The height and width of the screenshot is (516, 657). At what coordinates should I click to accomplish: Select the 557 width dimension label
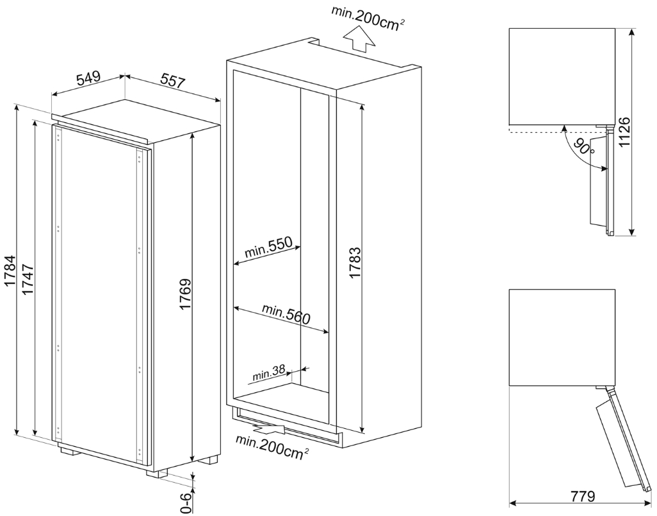pyautogui.click(x=172, y=81)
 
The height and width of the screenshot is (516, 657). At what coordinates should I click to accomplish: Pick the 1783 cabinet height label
pyautogui.click(x=355, y=262)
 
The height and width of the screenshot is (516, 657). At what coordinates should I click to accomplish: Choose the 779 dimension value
pyautogui.click(x=580, y=497)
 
